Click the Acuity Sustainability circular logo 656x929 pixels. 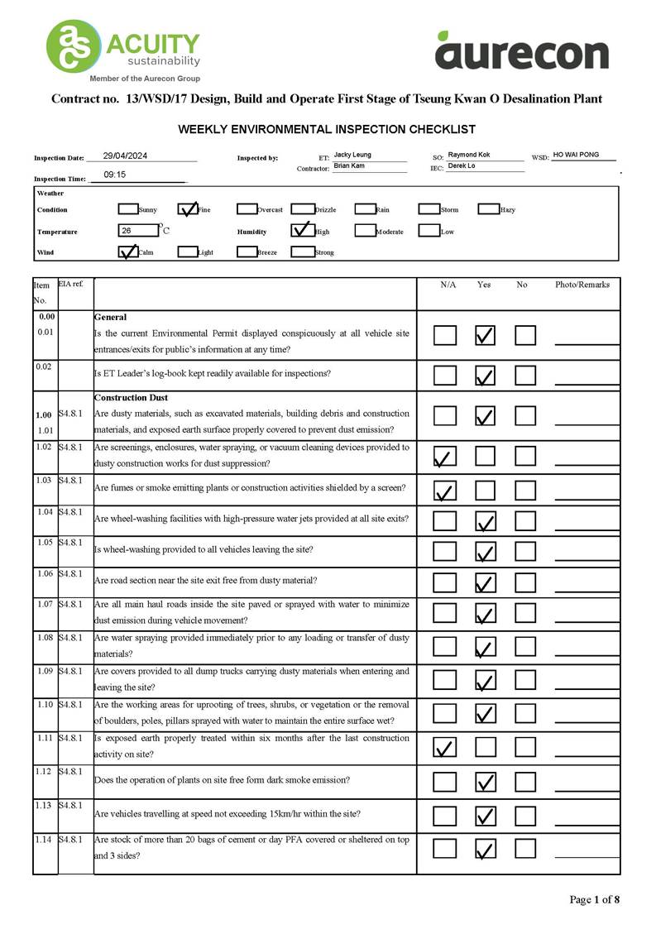(x=74, y=46)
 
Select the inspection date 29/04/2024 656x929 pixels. (x=125, y=156)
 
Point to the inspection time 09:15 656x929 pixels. (x=115, y=175)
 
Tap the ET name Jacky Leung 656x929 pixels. (x=352, y=155)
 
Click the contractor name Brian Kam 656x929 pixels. (x=349, y=166)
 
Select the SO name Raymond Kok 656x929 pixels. (x=469, y=155)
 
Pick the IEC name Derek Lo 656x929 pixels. (x=462, y=166)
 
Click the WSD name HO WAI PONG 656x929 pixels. (x=576, y=155)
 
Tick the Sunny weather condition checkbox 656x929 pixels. (x=128, y=209)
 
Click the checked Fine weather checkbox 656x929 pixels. (x=188, y=209)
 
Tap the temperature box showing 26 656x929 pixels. (x=137, y=231)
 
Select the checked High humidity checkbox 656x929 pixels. (x=302, y=231)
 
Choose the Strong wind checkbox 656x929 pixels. (x=302, y=252)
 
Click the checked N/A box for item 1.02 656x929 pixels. (x=445, y=456)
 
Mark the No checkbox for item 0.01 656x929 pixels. (x=525, y=335)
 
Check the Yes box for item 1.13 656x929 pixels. (x=486, y=816)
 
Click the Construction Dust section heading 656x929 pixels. (x=132, y=398)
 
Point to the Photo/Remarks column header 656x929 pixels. (x=582, y=285)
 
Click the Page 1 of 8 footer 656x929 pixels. (x=594, y=899)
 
